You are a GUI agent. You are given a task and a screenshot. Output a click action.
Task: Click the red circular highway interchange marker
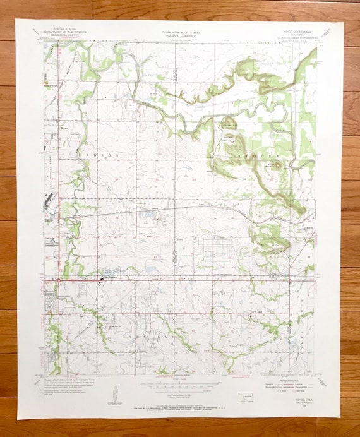[x=59, y=280]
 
